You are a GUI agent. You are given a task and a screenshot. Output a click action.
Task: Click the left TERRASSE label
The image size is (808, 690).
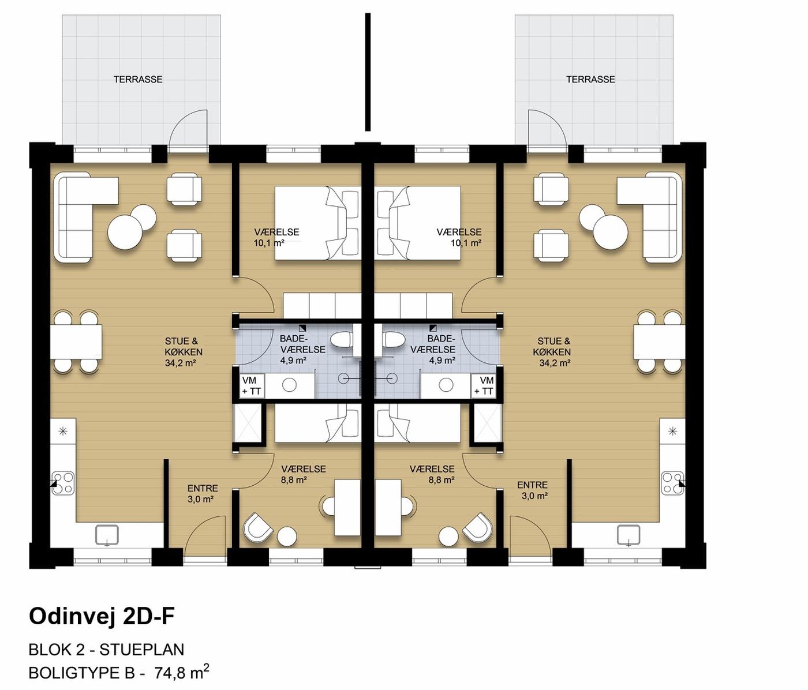(138, 79)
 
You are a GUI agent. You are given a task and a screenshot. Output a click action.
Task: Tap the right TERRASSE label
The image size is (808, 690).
(590, 79)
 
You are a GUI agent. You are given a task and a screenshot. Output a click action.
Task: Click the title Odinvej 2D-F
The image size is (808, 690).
(102, 616)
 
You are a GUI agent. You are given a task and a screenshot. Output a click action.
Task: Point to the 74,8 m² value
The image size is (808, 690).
(182, 673)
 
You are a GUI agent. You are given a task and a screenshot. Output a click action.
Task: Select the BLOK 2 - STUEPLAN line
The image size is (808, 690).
(106, 650)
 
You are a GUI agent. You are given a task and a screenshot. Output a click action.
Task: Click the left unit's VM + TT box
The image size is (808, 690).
(252, 386)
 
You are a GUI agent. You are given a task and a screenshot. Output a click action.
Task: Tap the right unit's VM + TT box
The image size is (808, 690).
(485, 386)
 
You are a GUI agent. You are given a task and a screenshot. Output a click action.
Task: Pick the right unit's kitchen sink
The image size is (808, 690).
(629, 535)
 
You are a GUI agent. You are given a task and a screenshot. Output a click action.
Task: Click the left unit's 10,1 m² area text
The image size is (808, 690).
(269, 243)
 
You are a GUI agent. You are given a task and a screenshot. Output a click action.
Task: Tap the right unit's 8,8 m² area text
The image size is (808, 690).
(442, 480)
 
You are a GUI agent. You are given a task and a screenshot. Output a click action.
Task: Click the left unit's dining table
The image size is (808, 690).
(76, 342)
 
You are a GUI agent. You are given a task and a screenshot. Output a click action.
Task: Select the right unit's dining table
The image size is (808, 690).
(659, 342)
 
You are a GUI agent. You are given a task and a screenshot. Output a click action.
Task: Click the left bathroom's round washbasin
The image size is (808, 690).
(289, 385)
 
